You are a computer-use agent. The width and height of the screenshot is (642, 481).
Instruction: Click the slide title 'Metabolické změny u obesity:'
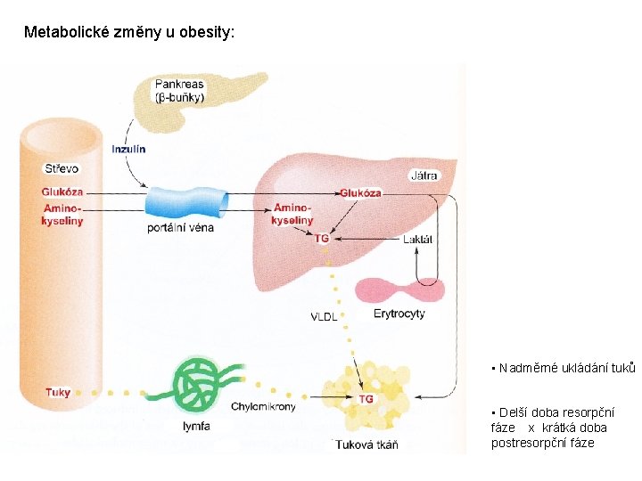point(130,33)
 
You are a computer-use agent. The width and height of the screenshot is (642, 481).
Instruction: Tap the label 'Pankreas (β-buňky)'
point(179,91)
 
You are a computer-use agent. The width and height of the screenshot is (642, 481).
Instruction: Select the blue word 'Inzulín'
point(128,150)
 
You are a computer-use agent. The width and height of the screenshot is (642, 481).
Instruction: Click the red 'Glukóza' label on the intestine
point(62,192)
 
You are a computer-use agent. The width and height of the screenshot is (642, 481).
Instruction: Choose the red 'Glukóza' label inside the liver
point(360,193)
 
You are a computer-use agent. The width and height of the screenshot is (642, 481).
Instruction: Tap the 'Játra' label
point(424,175)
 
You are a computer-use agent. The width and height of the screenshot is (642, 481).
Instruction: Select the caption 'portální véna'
point(180,227)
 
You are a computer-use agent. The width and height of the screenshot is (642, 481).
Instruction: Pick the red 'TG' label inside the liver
point(322,239)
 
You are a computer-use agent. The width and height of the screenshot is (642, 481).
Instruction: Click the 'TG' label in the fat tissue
point(366,399)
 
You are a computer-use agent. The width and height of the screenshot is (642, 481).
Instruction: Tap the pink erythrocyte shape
point(400,290)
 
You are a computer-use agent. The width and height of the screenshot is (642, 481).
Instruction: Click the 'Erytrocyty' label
point(399,314)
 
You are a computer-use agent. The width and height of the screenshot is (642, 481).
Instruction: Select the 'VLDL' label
point(324,317)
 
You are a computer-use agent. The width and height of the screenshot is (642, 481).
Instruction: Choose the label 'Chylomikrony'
point(263,407)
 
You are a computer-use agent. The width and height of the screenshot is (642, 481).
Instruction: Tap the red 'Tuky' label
point(58,392)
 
